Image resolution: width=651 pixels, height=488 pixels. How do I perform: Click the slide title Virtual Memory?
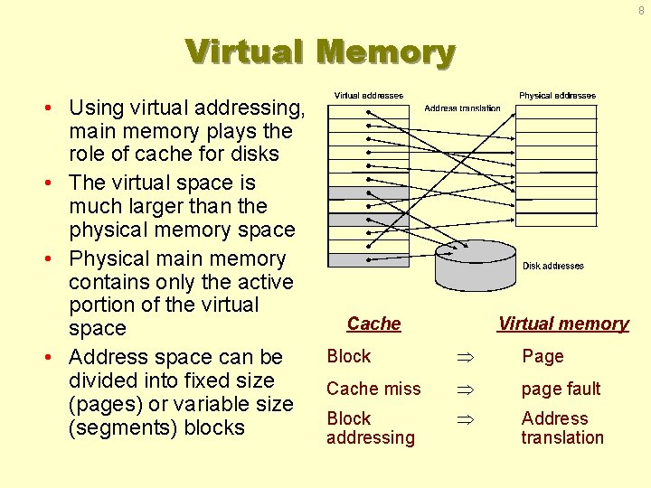click(x=320, y=52)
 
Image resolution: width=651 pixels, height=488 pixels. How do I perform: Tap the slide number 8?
click(x=641, y=11)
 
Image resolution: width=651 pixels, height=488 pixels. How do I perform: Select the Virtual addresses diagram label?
click(x=369, y=96)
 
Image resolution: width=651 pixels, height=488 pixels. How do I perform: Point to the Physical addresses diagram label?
click(x=557, y=96)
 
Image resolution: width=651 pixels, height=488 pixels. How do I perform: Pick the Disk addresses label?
click(x=553, y=266)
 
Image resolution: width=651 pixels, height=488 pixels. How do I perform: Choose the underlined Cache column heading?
click(x=373, y=324)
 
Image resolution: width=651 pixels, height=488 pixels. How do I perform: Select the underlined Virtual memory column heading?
click(x=563, y=324)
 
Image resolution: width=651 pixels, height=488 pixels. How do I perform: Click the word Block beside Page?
click(x=349, y=356)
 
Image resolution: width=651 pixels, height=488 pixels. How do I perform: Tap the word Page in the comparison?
click(x=542, y=356)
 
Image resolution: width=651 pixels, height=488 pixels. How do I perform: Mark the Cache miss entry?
click(x=373, y=389)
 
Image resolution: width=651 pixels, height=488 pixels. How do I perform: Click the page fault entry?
click(x=561, y=389)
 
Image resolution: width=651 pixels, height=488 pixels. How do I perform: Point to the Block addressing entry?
click(x=370, y=427)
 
